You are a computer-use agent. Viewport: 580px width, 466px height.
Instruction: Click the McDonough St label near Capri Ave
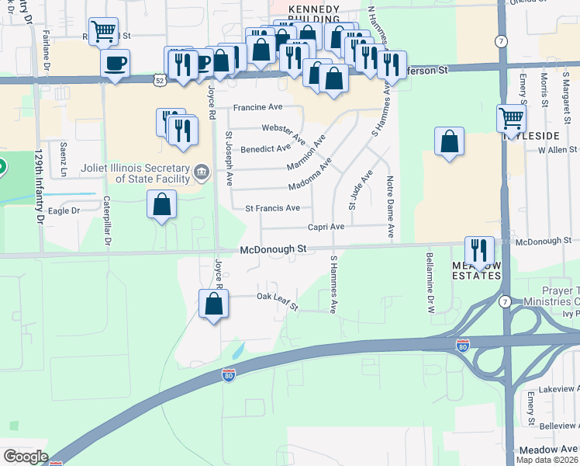coord(274,249)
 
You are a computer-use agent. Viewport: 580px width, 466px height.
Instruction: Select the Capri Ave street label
coord(326,227)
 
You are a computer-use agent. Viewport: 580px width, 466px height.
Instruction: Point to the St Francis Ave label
coord(272,208)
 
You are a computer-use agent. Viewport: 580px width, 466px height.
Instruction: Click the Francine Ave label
coord(257,107)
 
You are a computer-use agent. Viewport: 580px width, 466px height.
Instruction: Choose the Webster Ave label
coord(280,127)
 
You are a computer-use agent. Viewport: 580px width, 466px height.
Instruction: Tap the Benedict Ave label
coord(265,148)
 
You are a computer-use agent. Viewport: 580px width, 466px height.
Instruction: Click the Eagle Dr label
coord(64,210)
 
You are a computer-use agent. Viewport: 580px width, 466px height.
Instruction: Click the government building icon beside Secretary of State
coord(202,171)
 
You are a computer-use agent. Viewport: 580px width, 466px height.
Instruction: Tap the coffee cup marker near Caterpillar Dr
coord(115,63)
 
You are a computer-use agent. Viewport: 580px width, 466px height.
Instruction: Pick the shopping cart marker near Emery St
coord(511,118)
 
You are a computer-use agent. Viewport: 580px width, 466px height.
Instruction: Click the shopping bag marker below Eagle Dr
coord(161,206)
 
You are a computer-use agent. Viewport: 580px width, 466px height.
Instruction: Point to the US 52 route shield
coord(158,79)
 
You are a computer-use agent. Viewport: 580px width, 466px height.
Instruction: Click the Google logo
coord(25,457)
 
